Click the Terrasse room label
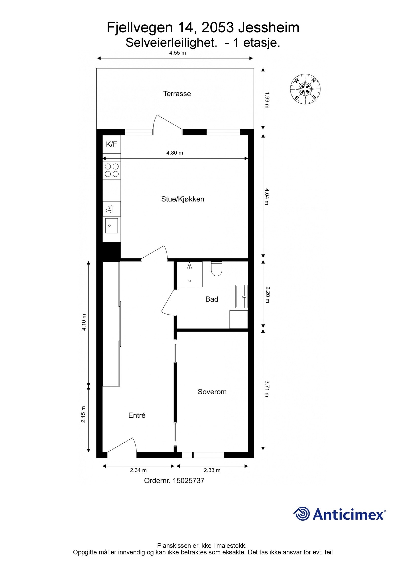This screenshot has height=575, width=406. click(x=177, y=94)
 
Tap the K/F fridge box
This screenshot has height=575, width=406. click(x=111, y=144)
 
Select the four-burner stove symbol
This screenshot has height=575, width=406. click(x=112, y=170)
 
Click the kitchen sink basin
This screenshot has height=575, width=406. click(x=111, y=225)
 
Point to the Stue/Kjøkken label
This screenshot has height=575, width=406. click(x=182, y=199)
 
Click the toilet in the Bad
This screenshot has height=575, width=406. click(x=216, y=269)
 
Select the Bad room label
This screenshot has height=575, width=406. click(x=212, y=299)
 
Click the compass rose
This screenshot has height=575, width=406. click(x=305, y=89)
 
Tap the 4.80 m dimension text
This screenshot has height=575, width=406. click(x=175, y=153)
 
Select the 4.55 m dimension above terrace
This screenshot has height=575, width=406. click(x=178, y=53)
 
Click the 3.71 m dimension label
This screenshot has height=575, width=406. click(x=267, y=388)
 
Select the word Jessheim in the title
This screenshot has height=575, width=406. click(x=269, y=27)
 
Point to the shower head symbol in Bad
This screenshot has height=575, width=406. click(x=189, y=266)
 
